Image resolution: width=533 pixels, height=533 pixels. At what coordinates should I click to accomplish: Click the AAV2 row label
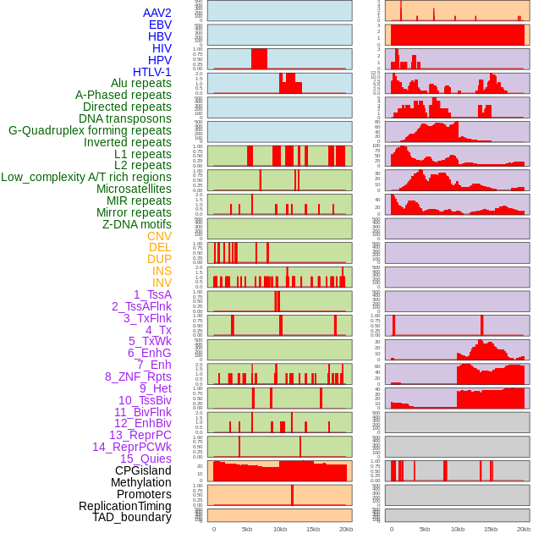tap(157, 13)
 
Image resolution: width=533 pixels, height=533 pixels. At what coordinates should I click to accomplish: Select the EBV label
tap(160, 25)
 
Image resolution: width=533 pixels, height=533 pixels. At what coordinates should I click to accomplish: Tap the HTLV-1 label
tap(152, 72)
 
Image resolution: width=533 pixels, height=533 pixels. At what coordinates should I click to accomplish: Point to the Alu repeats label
tap(141, 83)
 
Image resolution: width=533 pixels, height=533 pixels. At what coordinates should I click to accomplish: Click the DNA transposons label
tap(125, 118)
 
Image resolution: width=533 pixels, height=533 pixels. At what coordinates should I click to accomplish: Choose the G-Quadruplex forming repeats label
tap(90, 130)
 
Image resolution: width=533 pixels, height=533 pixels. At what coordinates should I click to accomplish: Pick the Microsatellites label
tap(134, 189)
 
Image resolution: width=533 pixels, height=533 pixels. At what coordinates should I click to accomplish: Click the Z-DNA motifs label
tap(137, 224)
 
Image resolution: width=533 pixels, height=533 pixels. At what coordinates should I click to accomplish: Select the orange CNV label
tap(159, 236)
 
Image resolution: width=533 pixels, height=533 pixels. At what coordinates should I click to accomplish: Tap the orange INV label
tap(162, 283)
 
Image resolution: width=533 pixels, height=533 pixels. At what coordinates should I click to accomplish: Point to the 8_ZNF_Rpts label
tap(138, 376)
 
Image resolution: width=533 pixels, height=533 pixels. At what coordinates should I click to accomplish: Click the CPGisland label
tap(143, 470)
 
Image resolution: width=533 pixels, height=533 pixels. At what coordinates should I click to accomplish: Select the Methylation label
tap(141, 482)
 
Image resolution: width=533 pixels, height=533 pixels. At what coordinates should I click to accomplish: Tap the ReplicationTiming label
tap(125, 506)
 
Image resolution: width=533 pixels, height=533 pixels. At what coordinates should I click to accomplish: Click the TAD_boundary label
tap(132, 517)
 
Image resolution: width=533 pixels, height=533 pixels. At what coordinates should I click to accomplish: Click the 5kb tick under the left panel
tap(247, 529)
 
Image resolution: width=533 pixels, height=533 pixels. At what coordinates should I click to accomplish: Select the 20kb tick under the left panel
tap(346, 529)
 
